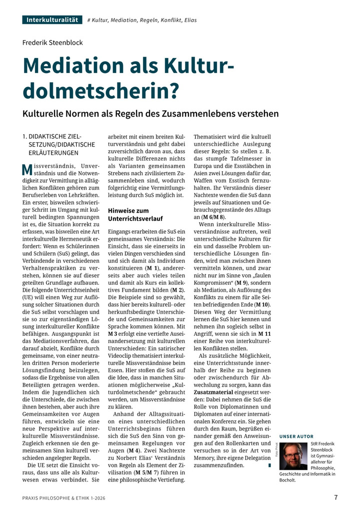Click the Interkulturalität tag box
pyautogui.click(x=52, y=20)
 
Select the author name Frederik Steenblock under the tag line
pyautogui.click(x=52, y=43)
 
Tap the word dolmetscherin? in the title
pyautogui.click(x=100, y=91)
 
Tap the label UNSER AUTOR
pyautogui.click(x=296, y=436)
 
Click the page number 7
pyautogui.click(x=335, y=497)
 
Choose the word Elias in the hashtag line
pyautogui.click(x=190, y=21)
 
